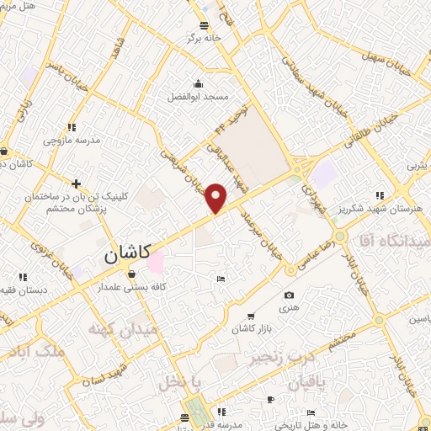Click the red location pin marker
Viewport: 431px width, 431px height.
tap(216, 197)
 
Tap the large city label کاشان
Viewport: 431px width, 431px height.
tap(128, 252)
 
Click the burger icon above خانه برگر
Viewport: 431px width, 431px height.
tap(205, 24)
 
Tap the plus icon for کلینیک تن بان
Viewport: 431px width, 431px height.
tap(76, 184)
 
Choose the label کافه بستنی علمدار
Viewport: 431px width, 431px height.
tap(132, 287)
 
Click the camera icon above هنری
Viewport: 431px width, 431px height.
tap(289, 295)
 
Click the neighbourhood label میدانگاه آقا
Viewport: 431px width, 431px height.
tap(392, 241)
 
